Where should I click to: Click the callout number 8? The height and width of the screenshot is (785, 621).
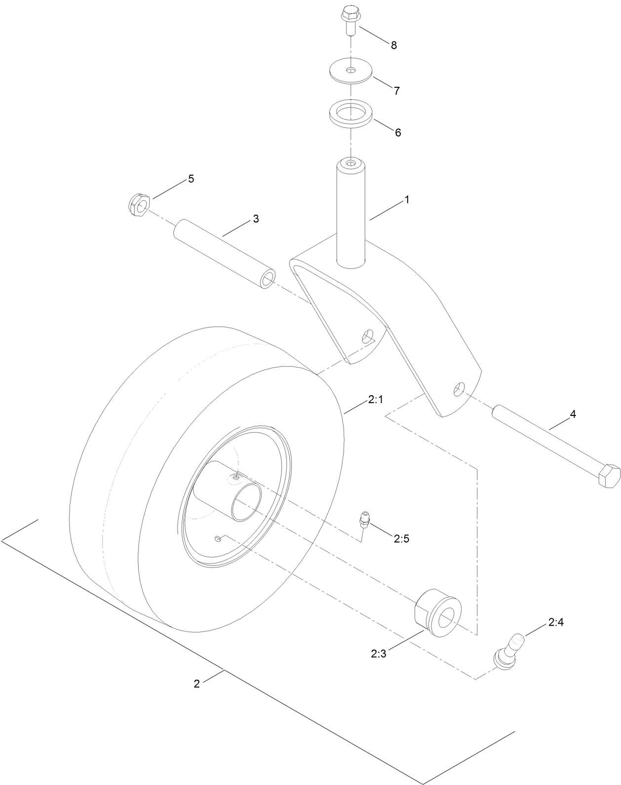[393, 45]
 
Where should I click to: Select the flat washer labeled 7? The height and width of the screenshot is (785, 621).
[351, 71]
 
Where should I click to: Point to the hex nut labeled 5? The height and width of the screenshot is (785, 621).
[138, 204]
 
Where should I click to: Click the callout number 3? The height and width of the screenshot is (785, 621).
[256, 219]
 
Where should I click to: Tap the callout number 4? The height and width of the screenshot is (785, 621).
[573, 414]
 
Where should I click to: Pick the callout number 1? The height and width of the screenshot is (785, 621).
[407, 200]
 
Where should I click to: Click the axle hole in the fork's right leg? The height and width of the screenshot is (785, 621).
[459, 389]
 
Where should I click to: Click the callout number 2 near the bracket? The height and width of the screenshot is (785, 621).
[196, 684]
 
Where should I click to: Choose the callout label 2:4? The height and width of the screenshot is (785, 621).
[555, 623]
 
